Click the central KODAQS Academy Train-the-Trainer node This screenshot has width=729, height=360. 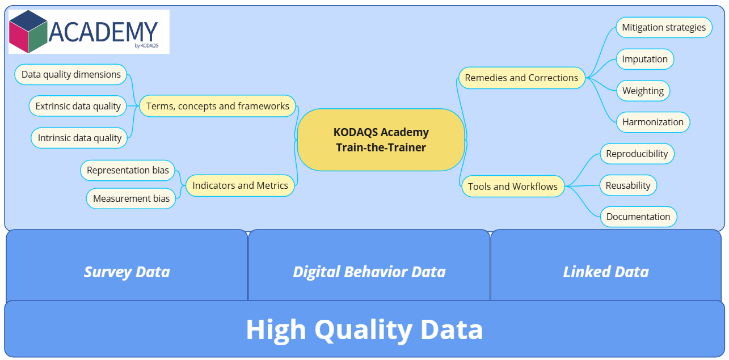(x=381, y=140)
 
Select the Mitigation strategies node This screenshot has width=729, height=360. (x=664, y=27)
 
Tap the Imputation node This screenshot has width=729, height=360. (x=644, y=59)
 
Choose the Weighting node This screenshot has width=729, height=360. (x=643, y=91)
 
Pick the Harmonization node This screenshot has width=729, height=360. (x=652, y=122)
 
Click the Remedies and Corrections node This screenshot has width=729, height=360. (x=521, y=78)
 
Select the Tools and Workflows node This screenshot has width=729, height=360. (x=513, y=187)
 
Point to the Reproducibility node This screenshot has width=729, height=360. (x=637, y=154)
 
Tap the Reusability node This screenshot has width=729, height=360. (x=628, y=185)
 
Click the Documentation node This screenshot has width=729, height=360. (x=638, y=217)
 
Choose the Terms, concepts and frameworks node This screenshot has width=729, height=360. (x=218, y=106)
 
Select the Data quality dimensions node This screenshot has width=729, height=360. (x=71, y=74)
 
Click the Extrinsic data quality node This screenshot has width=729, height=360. (x=78, y=106)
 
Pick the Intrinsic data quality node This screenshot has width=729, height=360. (x=79, y=138)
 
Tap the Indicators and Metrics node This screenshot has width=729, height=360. (x=240, y=185)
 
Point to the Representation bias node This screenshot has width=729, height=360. (x=128, y=171)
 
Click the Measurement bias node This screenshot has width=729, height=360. (x=131, y=198)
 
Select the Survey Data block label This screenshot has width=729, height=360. (x=127, y=272)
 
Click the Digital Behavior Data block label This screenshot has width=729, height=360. (x=369, y=272)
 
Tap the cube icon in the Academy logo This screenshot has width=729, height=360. (x=28, y=32)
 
